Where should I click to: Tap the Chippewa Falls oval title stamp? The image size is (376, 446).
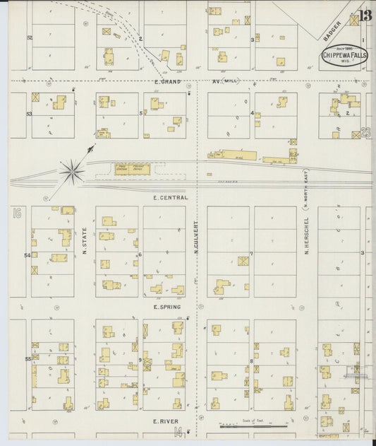[x=345, y=57]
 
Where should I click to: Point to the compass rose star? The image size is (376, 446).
[x=72, y=169]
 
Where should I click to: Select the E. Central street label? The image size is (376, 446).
[x=170, y=198]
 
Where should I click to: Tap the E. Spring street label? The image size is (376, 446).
[x=167, y=307]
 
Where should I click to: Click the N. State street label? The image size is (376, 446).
[x=85, y=240]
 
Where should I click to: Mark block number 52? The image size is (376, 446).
[x=30, y=37]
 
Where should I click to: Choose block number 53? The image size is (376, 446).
[x=30, y=113]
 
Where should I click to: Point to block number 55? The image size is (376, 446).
[x=29, y=359]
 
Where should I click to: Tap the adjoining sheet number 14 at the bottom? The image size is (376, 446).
[x=178, y=432]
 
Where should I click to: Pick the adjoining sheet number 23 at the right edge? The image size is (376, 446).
[x=365, y=131]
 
